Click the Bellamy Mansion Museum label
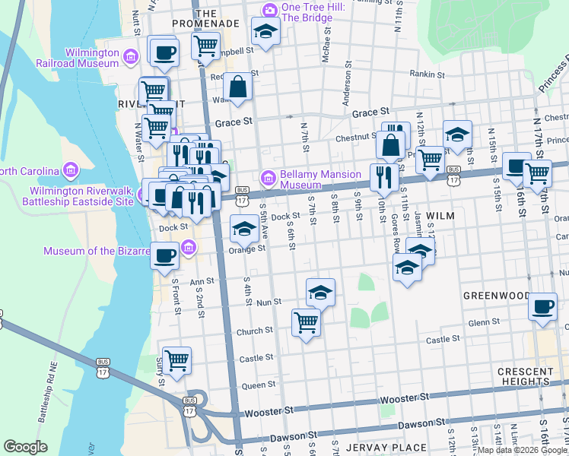[x=320, y=179]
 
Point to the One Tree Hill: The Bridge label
[x=307, y=12]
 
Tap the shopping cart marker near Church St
[x=306, y=322]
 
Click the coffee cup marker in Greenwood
[x=542, y=306]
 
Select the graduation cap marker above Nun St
[x=320, y=292]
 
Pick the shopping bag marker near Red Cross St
[x=238, y=87]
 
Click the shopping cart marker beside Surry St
[x=176, y=359]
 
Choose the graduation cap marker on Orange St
[x=243, y=228]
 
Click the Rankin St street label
[x=427, y=74]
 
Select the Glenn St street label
[x=484, y=322]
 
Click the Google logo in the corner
[x=26, y=447]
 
